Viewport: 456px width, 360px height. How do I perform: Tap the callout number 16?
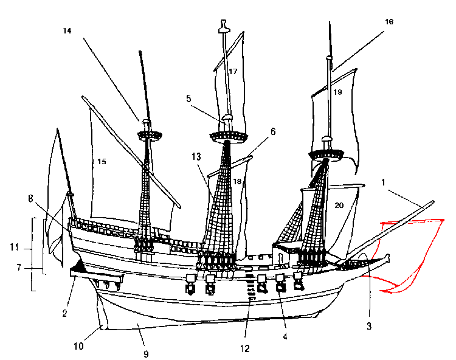click(x=389, y=22)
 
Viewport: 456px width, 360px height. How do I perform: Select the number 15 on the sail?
click(x=102, y=161)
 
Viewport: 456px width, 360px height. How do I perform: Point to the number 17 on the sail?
click(x=233, y=71)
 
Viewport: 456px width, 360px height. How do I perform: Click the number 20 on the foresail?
click(x=339, y=206)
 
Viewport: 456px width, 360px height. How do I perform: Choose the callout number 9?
click(x=145, y=353)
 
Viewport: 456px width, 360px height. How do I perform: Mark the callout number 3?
click(x=368, y=327)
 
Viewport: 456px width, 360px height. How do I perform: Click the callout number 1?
click(x=384, y=182)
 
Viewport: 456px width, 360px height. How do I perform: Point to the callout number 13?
click(x=196, y=156)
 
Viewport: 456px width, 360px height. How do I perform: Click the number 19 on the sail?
click(x=339, y=92)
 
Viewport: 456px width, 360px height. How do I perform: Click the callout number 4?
click(x=285, y=334)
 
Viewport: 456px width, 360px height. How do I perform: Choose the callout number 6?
click(x=273, y=131)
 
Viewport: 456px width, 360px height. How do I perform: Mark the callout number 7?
click(x=19, y=268)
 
